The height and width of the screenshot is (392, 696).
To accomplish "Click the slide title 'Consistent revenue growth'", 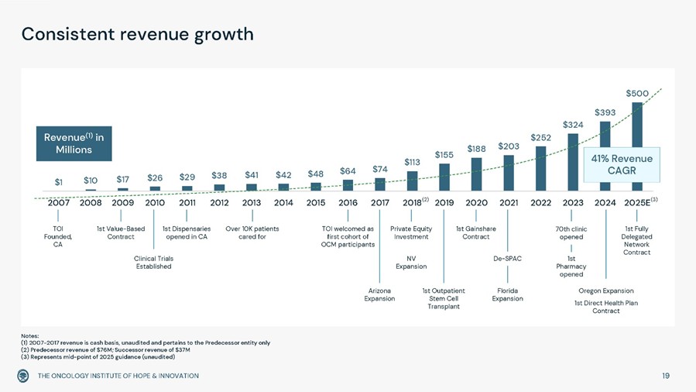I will pyautogui.click(x=137, y=35).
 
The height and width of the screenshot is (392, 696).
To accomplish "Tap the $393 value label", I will pyautogui.click(x=605, y=112).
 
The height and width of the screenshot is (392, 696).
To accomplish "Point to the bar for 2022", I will pyautogui.click(x=540, y=168).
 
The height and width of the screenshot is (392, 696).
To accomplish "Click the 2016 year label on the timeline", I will pyautogui.click(x=348, y=203).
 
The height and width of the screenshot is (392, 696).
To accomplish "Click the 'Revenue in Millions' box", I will pyautogui.click(x=74, y=143).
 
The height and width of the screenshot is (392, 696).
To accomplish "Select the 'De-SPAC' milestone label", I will pyautogui.click(x=508, y=259).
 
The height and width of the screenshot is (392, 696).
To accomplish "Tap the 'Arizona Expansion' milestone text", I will pyautogui.click(x=379, y=294).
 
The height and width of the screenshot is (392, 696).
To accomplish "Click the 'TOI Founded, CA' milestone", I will pyautogui.click(x=58, y=236).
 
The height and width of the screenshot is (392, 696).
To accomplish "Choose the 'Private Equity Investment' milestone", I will pyautogui.click(x=411, y=232).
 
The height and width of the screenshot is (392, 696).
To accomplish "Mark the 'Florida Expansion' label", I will pyautogui.click(x=508, y=294).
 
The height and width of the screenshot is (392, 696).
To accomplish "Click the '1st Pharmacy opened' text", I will pyautogui.click(x=571, y=266).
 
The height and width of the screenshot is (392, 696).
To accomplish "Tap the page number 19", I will pyautogui.click(x=666, y=376).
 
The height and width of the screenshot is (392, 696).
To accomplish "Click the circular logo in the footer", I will pyautogui.click(x=24, y=376).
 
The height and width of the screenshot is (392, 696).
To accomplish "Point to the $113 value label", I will pyautogui.click(x=412, y=162).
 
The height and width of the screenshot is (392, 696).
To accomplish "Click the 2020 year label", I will pyautogui.click(x=476, y=203).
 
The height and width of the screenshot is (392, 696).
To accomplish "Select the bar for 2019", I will pyautogui.click(x=444, y=177).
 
